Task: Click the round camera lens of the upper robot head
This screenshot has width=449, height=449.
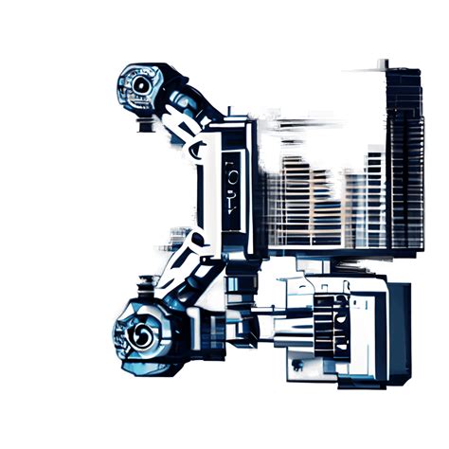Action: pos(140,86)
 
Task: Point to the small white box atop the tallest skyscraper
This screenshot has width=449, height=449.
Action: pos(385,63)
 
